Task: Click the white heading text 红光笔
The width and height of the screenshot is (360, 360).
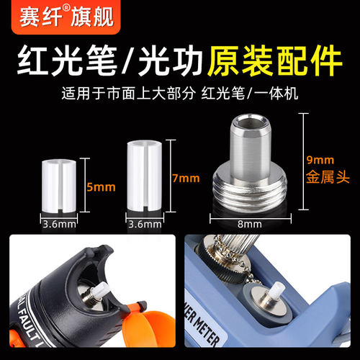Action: tap(68, 63)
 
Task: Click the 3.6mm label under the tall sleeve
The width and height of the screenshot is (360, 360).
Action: tap(145, 224)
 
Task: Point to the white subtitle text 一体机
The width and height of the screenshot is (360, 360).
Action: tap(280, 94)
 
